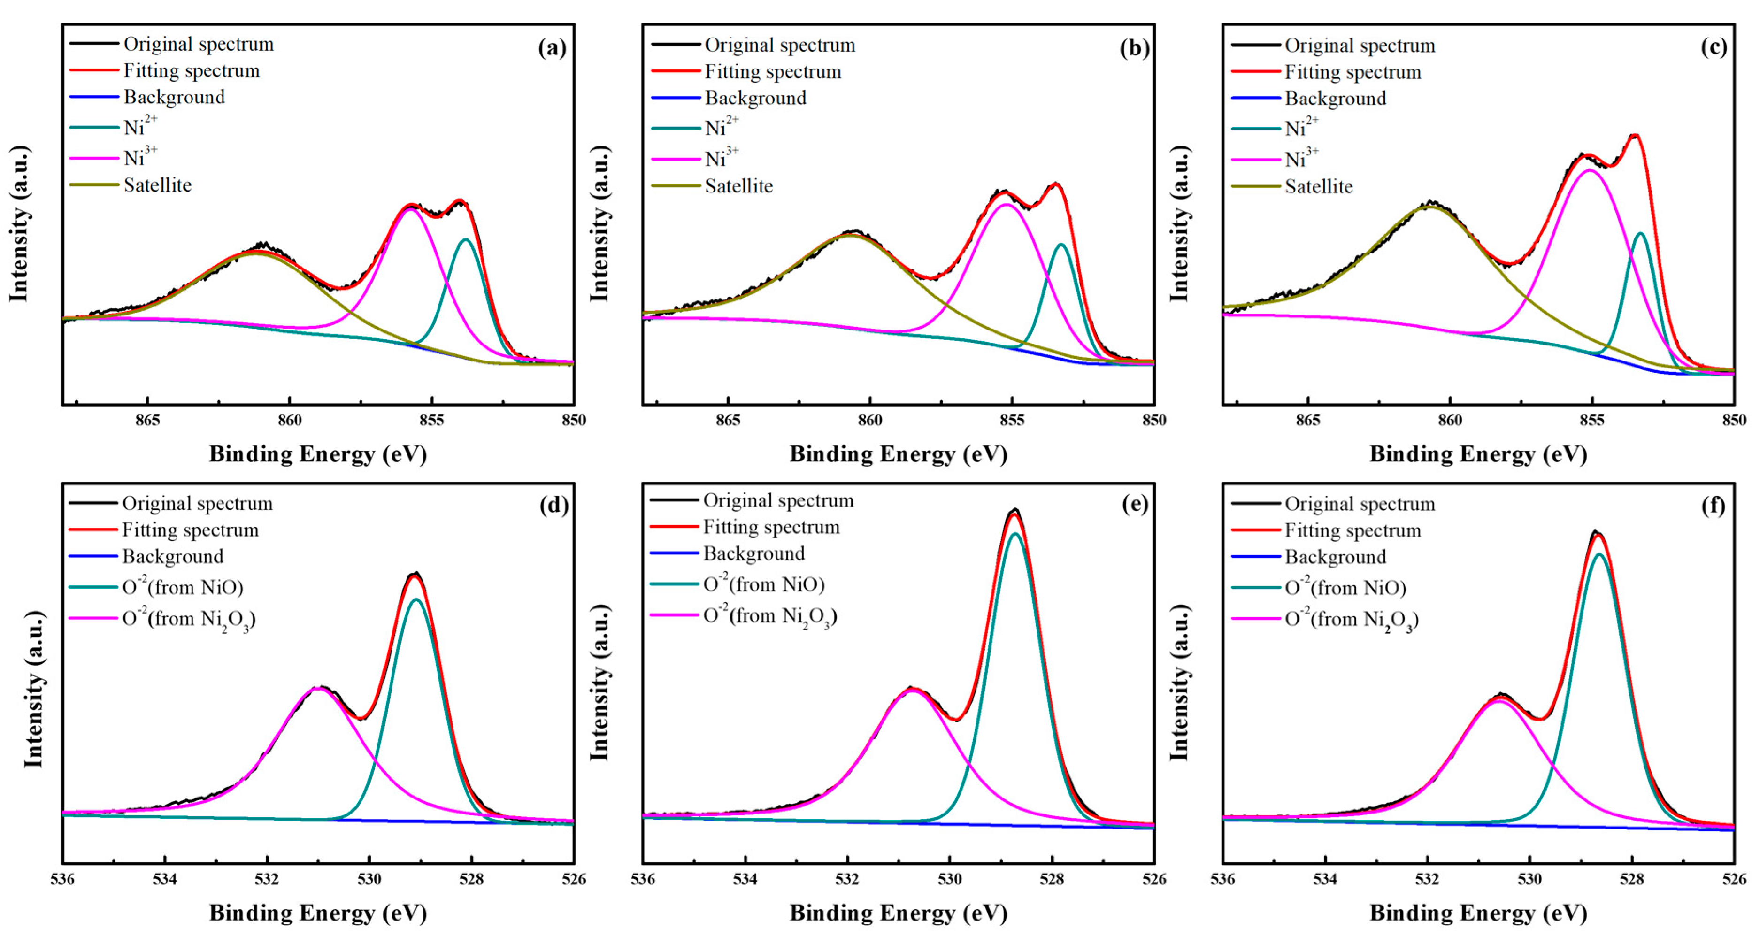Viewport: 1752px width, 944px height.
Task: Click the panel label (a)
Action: [552, 48]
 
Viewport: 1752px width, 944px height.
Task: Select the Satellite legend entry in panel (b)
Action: [738, 186]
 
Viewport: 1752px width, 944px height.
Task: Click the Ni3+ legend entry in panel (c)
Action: [1301, 159]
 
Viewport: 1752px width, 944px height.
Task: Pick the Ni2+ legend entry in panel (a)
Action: [140, 127]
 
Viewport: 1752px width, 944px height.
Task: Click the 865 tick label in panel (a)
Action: [147, 420]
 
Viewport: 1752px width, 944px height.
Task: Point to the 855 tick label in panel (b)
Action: [1012, 420]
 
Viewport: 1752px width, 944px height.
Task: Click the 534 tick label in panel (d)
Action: [165, 879]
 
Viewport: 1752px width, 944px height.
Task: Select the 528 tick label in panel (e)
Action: [1052, 879]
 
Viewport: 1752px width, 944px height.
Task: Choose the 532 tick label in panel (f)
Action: [1428, 879]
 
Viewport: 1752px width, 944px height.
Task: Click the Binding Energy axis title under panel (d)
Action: [318, 913]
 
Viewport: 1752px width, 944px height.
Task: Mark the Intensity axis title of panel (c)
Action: [1179, 223]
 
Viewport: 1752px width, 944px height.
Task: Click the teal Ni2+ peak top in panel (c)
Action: [1640, 233]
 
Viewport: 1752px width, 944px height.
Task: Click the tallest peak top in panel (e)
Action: [1015, 510]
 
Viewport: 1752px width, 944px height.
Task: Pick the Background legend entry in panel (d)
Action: [172, 556]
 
